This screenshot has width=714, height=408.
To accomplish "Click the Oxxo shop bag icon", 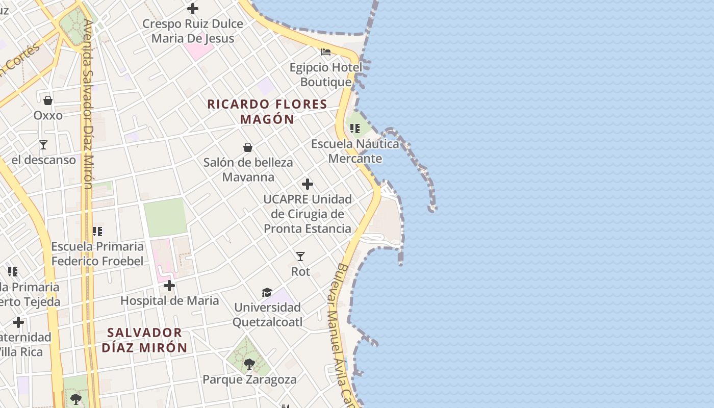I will pos(48,100).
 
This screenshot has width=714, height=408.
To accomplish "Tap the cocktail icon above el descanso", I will pos(43,145).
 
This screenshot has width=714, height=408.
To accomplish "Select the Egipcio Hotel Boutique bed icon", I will pos(326,52).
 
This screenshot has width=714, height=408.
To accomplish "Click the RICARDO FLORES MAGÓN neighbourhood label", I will pos(267,112).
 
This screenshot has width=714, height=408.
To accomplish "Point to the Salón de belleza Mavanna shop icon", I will pos(248,148).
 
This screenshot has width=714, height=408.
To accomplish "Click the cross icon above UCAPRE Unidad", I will pos(308,184).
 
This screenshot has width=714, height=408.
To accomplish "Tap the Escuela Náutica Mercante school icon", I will pos(355,129).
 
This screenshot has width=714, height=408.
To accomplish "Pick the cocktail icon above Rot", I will pos(300,257).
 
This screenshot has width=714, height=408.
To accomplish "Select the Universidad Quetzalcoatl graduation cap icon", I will pos(267,292).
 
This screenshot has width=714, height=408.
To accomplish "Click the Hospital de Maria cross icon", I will pos(169,286).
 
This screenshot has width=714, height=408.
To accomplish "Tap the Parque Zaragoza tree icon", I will pos(249,364).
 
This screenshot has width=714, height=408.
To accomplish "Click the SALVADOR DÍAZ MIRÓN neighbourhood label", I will pos(144,340).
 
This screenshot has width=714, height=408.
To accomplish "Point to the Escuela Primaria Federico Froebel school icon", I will pos(97,232).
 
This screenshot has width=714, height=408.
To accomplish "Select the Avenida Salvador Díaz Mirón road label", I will pos(89,105).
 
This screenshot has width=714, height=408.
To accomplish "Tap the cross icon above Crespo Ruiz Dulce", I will pos(193,9).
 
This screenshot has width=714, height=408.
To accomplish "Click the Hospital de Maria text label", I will pos(169,301).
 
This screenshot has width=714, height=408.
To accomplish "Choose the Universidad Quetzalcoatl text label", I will pos(267,315).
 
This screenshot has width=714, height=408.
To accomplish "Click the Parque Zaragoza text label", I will pos(249,379).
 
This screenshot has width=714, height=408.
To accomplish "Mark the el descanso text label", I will pos(43,160).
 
